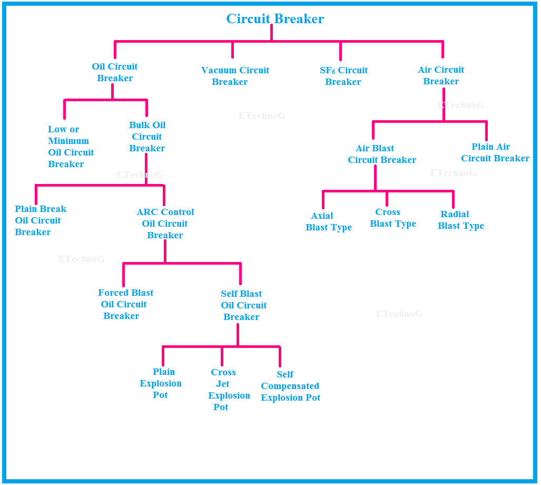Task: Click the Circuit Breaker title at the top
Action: tap(275, 19)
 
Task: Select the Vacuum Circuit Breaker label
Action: tap(235, 76)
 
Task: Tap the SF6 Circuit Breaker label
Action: tap(343, 76)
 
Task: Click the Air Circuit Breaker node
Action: tap(441, 75)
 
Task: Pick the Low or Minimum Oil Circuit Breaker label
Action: tap(71, 147)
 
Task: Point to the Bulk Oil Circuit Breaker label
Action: tap(147, 137)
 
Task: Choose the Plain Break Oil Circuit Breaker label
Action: tap(40, 220)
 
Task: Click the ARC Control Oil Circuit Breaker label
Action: tap(165, 224)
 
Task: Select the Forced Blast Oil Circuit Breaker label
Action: tap(125, 304)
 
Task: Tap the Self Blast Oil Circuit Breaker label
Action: tap(243, 305)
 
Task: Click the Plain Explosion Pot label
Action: tap(161, 383)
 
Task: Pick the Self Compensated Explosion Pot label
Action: tap(290, 386)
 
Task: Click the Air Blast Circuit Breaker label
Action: tap(381, 154)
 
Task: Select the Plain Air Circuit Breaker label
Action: tap(495, 152)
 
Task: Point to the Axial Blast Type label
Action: tap(328, 222)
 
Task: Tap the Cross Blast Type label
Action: tap(392, 218)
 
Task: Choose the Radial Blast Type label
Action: tap(460, 220)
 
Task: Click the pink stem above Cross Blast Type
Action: tap(387, 199)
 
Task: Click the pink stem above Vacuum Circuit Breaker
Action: tap(232, 50)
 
